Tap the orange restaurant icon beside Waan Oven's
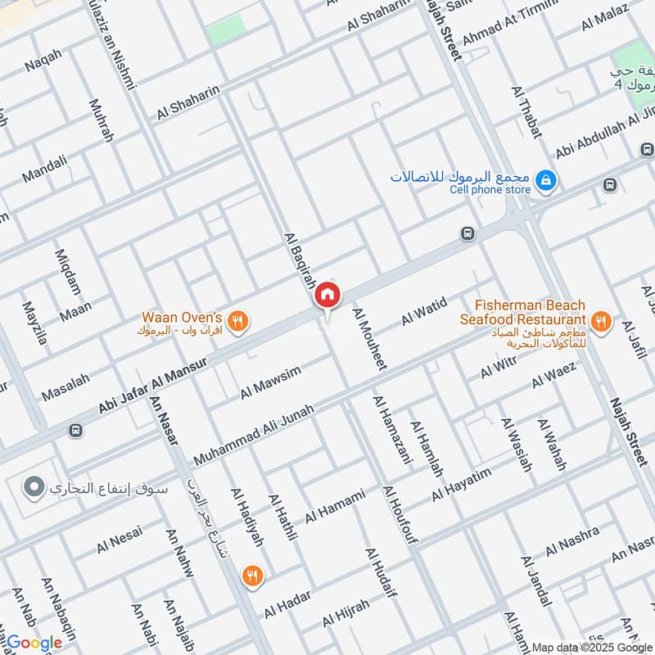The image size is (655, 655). click(237, 322)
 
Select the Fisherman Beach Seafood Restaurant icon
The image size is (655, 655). click(602, 323)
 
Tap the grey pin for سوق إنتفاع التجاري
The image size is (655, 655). click(34, 489)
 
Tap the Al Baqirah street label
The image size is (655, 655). click(299, 260)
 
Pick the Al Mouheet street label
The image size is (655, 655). click(369, 339)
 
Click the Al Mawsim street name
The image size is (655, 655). click(270, 382)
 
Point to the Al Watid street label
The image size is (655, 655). click(424, 312)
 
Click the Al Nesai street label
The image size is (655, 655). click(119, 539)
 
